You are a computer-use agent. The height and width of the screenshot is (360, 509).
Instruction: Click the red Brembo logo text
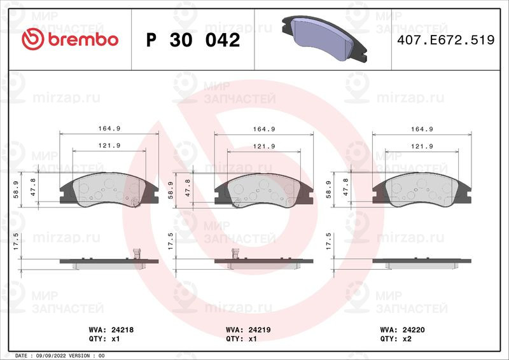coord(83,39)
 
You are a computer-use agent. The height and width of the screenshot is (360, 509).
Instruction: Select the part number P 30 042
coord(193,40)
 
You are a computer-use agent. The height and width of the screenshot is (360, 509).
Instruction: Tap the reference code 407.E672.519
coord(446,40)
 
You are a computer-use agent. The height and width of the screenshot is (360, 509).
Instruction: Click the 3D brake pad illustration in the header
coord(324,38)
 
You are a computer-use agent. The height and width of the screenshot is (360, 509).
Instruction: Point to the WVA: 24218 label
coord(111,330)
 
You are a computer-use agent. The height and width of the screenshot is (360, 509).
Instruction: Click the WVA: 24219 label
coord(248,330)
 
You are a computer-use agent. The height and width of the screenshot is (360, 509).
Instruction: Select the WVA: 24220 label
coord(402,330)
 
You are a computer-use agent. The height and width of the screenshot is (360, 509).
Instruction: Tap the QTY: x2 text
coord(396,339)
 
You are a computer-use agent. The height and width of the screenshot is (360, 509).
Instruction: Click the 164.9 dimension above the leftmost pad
coord(109,128)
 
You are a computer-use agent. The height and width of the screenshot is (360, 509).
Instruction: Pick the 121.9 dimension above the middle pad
coord(264,146)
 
